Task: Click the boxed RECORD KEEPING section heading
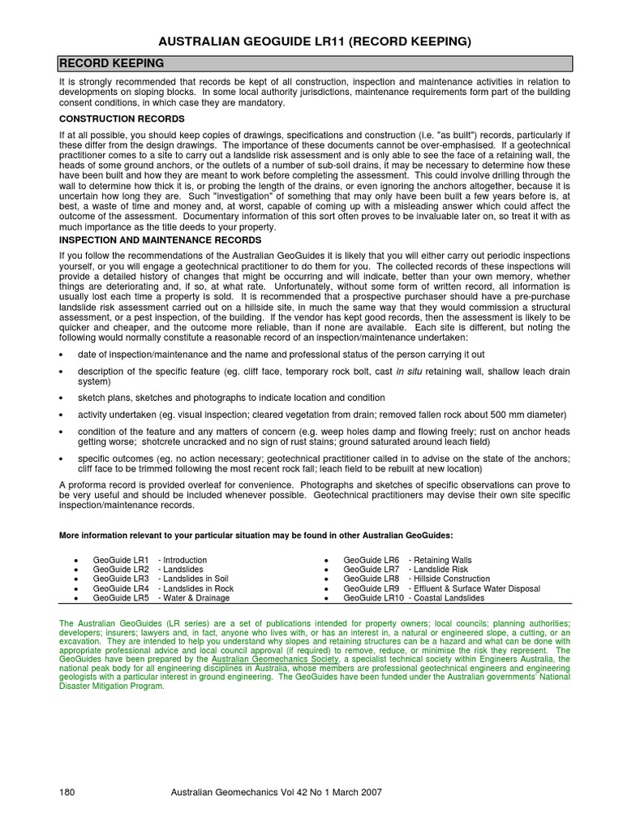[x=111, y=63]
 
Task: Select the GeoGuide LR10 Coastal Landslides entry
[x=414, y=598]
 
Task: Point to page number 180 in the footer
[x=67, y=793]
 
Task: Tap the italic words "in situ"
[x=409, y=372]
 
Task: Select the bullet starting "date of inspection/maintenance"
[x=271, y=355]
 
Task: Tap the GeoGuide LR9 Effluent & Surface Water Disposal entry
[x=441, y=588]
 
